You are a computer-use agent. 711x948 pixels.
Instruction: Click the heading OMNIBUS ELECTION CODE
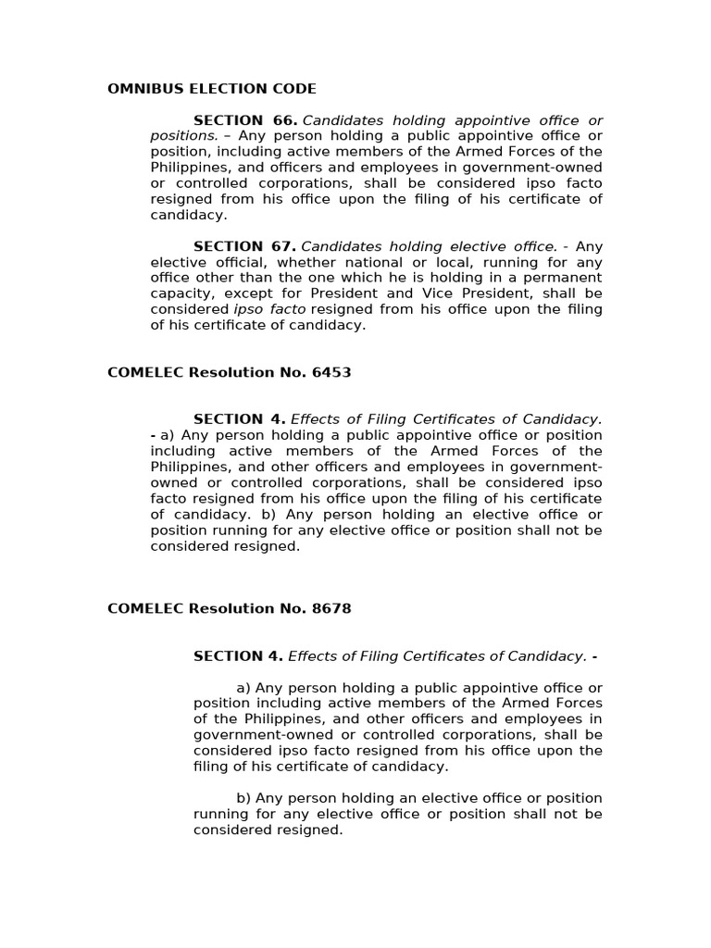pyautogui.click(x=212, y=89)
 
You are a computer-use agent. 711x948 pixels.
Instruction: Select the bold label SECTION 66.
pyautogui.click(x=245, y=120)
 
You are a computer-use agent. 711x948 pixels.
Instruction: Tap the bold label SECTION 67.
pyautogui.click(x=244, y=246)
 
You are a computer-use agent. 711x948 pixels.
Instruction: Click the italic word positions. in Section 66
pyautogui.click(x=184, y=136)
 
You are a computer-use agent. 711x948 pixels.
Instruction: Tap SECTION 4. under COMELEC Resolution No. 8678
pyautogui.click(x=238, y=656)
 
